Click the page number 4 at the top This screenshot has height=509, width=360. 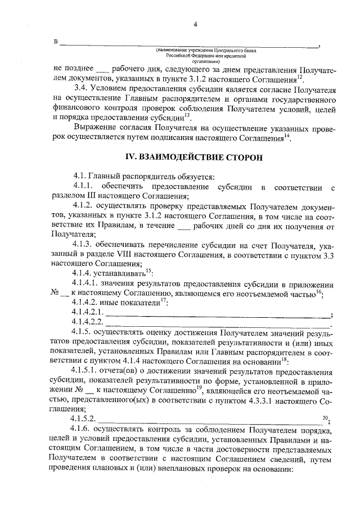[x=195, y=24]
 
